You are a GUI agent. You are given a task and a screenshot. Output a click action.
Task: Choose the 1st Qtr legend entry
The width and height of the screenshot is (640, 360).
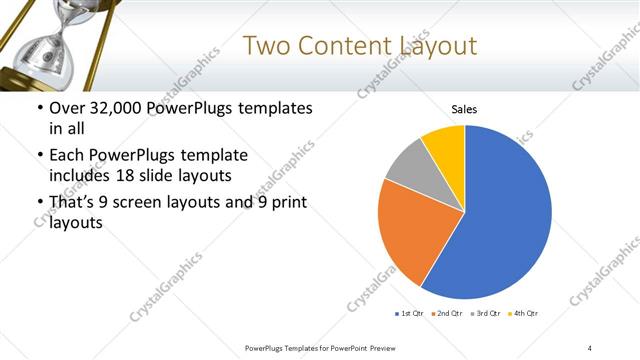coord(410,314)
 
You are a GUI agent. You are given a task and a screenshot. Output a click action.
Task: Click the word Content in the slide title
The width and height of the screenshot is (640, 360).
coord(338,46)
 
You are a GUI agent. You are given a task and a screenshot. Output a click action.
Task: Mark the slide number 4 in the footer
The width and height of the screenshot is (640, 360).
coord(590,347)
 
